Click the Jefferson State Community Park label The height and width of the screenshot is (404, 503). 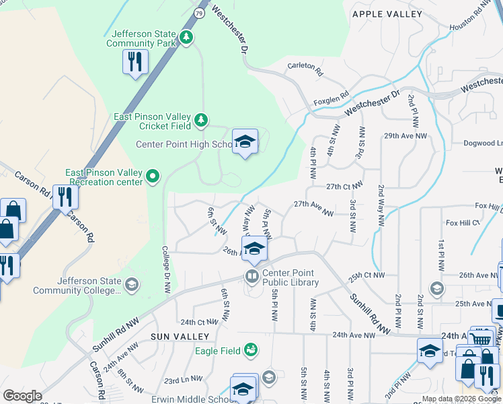141,38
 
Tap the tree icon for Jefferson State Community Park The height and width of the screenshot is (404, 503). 187,38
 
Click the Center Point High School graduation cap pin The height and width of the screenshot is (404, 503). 245,142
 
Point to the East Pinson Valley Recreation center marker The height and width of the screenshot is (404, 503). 153,176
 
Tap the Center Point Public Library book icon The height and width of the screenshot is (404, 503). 251,275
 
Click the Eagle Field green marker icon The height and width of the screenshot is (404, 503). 251,349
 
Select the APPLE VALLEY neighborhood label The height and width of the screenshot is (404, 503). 387,14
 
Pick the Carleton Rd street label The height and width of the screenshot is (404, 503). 305,67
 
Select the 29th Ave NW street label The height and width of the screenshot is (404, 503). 405,136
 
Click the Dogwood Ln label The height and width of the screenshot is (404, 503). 483,143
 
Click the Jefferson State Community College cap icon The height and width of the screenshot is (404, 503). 132,285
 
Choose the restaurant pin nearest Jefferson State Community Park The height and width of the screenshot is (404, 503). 135,62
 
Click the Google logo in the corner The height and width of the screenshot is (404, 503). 22,396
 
